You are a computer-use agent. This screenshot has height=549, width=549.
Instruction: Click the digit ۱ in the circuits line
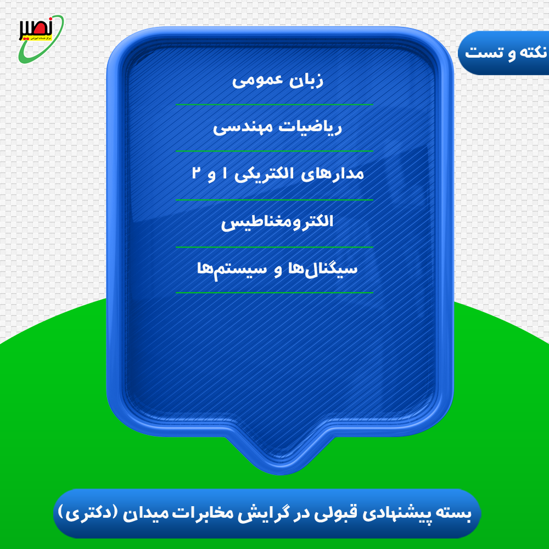[x=224, y=174]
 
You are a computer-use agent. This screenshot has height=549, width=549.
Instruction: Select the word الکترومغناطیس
[x=277, y=222]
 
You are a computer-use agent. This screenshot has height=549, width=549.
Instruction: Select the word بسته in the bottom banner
[x=457, y=514]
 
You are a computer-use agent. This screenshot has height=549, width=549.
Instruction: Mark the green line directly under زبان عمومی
[x=274, y=104]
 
